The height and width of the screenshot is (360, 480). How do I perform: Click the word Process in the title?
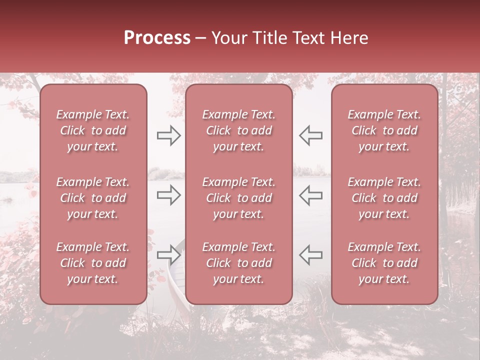(157, 38)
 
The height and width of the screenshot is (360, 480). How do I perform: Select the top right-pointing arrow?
(169, 135)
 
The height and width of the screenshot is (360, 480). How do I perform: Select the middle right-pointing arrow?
(169, 195)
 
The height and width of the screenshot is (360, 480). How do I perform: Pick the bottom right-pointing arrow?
(169, 255)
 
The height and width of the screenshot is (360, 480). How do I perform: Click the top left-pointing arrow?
(310, 135)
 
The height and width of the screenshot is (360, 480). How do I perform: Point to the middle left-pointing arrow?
(310, 195)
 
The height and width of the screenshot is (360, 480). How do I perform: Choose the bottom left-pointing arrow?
(310, 255)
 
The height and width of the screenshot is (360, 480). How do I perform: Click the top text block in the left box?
(93, 130)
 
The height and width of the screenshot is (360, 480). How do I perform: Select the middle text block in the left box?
(93, 198)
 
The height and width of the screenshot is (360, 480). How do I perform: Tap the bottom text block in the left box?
(93, 263)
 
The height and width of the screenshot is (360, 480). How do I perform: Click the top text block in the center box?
(238, 130)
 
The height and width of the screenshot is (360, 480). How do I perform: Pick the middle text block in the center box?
(238, 198)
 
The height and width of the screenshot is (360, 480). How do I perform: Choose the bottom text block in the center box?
(238, 263)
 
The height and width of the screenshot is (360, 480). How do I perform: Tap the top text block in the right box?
(384, 130)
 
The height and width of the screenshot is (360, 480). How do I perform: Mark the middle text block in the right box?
(384, 198)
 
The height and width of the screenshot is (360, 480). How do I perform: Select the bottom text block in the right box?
(384, 263)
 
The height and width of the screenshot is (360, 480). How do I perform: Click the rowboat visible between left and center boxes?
(175, 285)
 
